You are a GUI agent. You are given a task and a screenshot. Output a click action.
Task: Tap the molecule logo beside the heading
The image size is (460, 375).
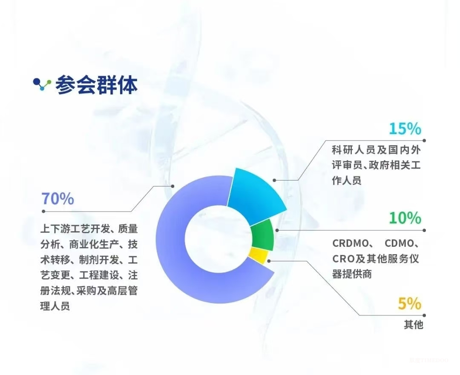coord(42,84)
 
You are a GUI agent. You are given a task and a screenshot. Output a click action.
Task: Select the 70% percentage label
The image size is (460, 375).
coord(57,199)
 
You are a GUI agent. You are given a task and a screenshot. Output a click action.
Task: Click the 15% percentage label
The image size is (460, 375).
coord(405,129)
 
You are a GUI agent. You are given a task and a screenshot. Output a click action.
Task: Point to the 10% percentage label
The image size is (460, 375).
coord(405,218)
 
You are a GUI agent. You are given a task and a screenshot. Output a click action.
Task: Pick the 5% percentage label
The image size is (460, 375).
coord(410,304)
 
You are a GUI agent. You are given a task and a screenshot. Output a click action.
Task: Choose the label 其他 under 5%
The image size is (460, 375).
coord(414,325)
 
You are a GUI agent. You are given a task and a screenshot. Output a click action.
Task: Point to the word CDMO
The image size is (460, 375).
coord(400,244)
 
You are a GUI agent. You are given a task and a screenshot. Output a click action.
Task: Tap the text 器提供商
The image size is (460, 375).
coord(352,274)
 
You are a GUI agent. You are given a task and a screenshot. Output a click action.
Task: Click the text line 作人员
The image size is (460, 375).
coord(347,180)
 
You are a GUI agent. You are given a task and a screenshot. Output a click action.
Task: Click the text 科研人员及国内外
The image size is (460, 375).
coord(376,150)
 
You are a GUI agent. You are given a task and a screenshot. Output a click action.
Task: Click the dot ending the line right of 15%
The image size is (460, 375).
coord(425,140)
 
